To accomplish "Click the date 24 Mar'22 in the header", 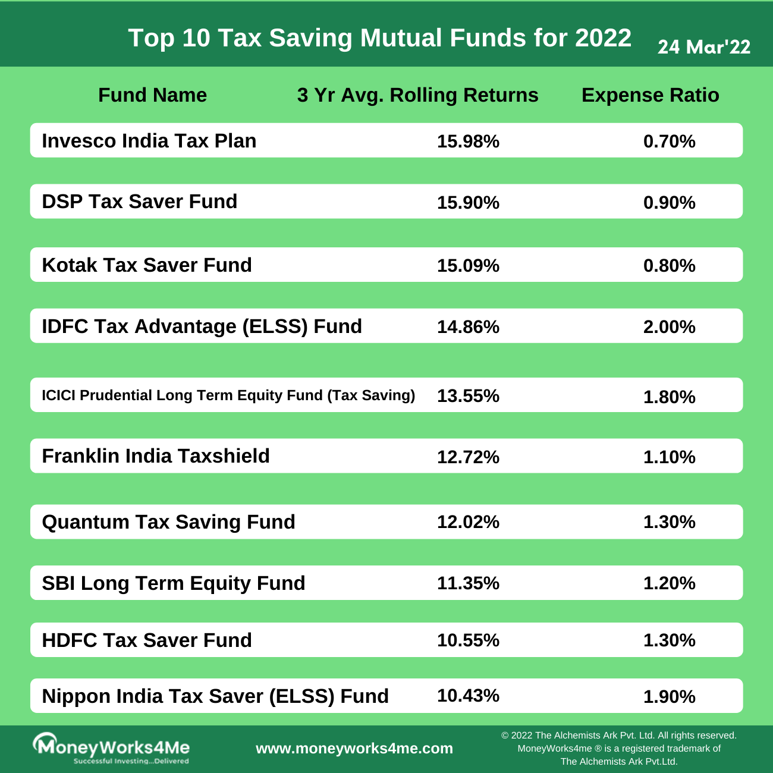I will click(x=704, y=47).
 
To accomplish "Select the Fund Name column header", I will click(x=152, y=95).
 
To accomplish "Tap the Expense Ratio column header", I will click(x=650, y=95).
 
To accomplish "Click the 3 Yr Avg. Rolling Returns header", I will click(x=417, y=95).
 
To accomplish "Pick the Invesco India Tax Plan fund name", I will click(x=149, y=141).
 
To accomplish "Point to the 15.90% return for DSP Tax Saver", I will click(x=468, y=203).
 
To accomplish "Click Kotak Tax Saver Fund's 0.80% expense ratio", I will click(x=669, y=265).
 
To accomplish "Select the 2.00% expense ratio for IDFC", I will click(x=669, y=326).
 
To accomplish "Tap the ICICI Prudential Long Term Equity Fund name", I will click(x=228, y=395).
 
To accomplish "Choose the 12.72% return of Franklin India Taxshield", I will click(x=468, y=457).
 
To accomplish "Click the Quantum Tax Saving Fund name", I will click(x=168, y=522).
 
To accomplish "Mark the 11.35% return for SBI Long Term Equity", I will click(x=468, y=583).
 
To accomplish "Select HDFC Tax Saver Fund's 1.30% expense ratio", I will click(x=669, y=640).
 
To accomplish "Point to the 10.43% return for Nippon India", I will click(x=468, y=696).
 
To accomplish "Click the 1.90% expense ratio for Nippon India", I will click(x=669, y=696).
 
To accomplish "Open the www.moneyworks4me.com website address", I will click(x=354, y=749).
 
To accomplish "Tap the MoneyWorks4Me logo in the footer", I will click(x=111, y=748).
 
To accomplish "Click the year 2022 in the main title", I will click(x=603, y=38).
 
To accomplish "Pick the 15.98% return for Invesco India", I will click(x=468, y=142).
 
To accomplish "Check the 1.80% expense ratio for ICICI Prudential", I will click(x=669, y=397).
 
